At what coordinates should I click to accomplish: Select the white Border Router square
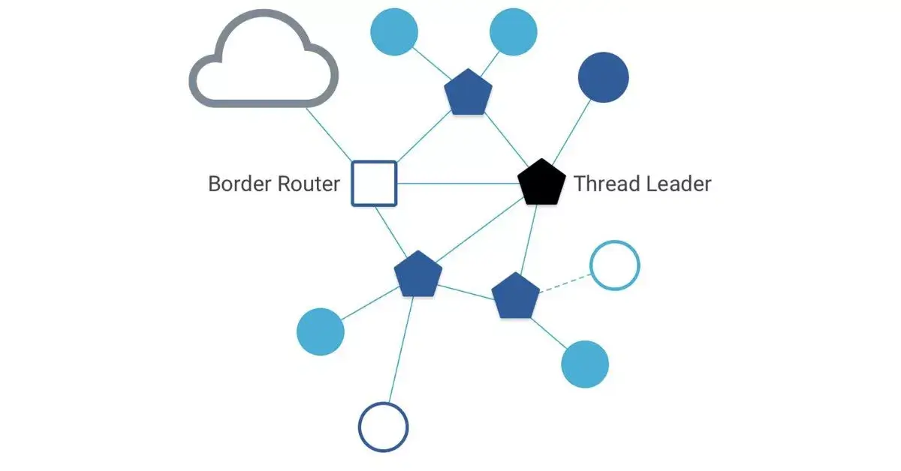[x=374, y=184]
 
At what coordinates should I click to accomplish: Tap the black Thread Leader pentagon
[x=541, y=183]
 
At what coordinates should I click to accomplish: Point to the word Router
[x=308, y=184]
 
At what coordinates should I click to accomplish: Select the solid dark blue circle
[x=603, y=77]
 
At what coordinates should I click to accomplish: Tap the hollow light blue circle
[x=615, y=265]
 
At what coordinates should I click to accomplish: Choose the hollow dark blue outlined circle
[x=383, y=427]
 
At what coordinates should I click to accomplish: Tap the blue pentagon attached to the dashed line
[x=515, y=296]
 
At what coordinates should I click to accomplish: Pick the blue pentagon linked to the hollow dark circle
[x=418, y=274]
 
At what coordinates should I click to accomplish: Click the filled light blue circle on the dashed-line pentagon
[x=585, y=364]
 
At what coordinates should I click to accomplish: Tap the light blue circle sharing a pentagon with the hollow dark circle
[x=321, y=331]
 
